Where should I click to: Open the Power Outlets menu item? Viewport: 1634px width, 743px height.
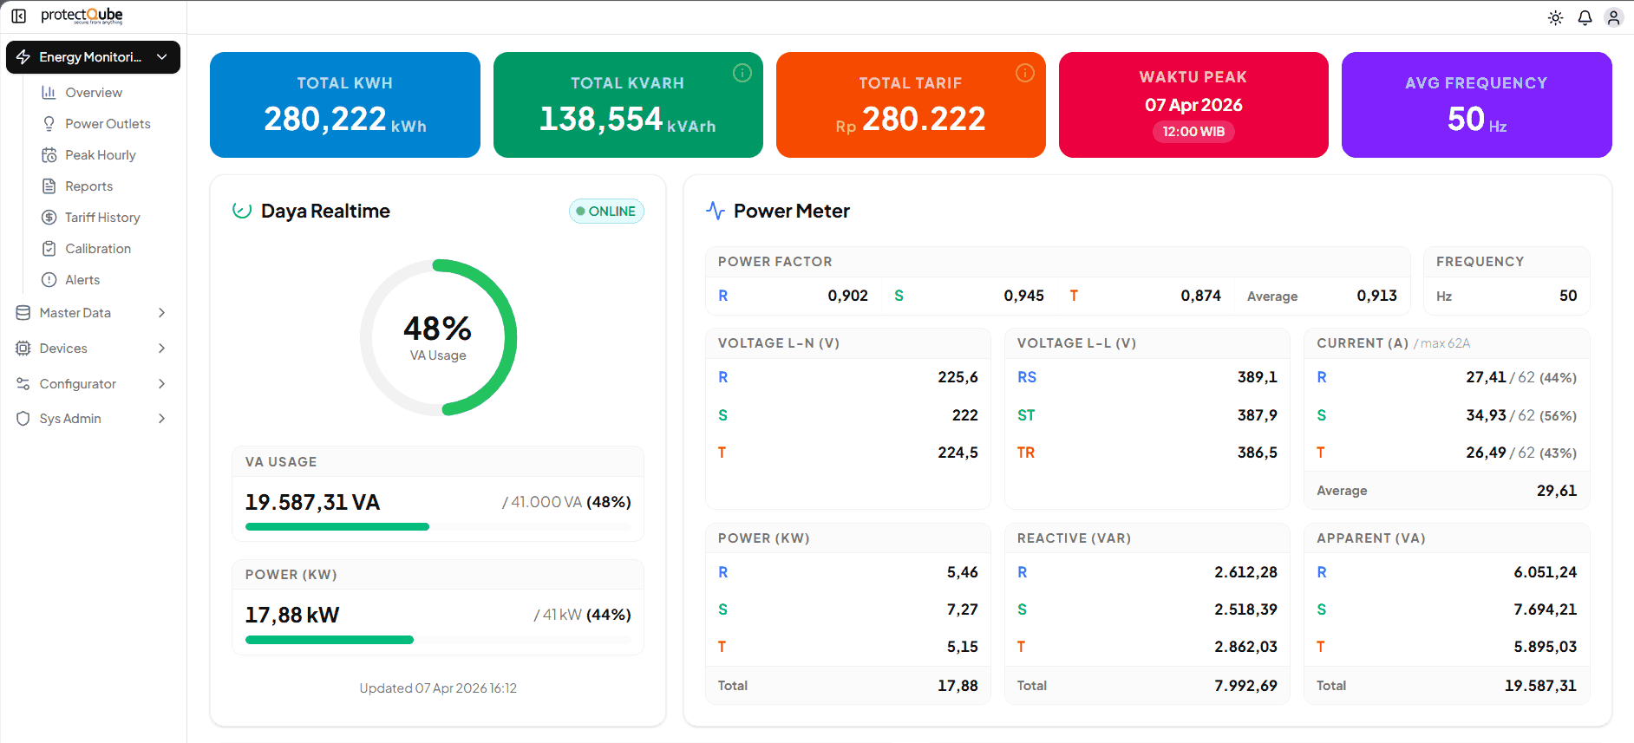pyautogui.click(x=108, y=124)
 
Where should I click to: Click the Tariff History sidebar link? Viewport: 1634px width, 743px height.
pyautogui.click(x=101, y=218)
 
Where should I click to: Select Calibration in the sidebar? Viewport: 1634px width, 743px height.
pyautogui.click(x=97, y=249)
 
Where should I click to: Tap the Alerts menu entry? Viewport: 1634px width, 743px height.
pyautogui.click(x=82, y=280)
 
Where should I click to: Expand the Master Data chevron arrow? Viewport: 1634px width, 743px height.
pyautogui.click(x=161, y=313)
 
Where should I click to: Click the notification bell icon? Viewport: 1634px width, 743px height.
pyautogui.click(x=1585, y=17)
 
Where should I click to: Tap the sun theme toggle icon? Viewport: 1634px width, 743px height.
pyautogui.click(x=1555, y=17)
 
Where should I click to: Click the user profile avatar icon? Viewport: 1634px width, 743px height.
pyautogui.click(x=1613, y=17)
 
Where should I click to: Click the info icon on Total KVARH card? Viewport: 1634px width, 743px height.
pyautogui.click(x=742, y=73)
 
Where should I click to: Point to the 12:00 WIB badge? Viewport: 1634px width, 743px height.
pyautogui.click(x=1193, y=132)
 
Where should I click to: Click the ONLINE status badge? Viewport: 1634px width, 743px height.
pyautogui.click(x=606, y=212)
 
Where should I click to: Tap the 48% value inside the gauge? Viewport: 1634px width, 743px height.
pyautogui.click(x=438, y=329)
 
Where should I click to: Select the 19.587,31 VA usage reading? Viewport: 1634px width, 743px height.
pyautogui.click(x=312, y=503)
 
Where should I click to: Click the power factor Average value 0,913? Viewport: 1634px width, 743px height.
pyautogui.click(x=1376, y=296)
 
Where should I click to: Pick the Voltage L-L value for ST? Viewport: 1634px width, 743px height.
pyautogui.click(x=1257, y=415)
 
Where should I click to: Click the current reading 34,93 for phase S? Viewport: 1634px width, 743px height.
pyautogui.click(x=1486, y=415)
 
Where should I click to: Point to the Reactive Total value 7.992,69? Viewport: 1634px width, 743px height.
pyautogui.click(x=1245, y=686)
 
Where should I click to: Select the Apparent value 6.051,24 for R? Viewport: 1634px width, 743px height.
pyautogui.click(x=1545, y=572)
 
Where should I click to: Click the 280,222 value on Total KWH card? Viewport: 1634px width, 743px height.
pyautogui.click(x=325, y=119)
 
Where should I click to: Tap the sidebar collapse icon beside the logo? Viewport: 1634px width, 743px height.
pyautogui.click(x=18, y=16)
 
